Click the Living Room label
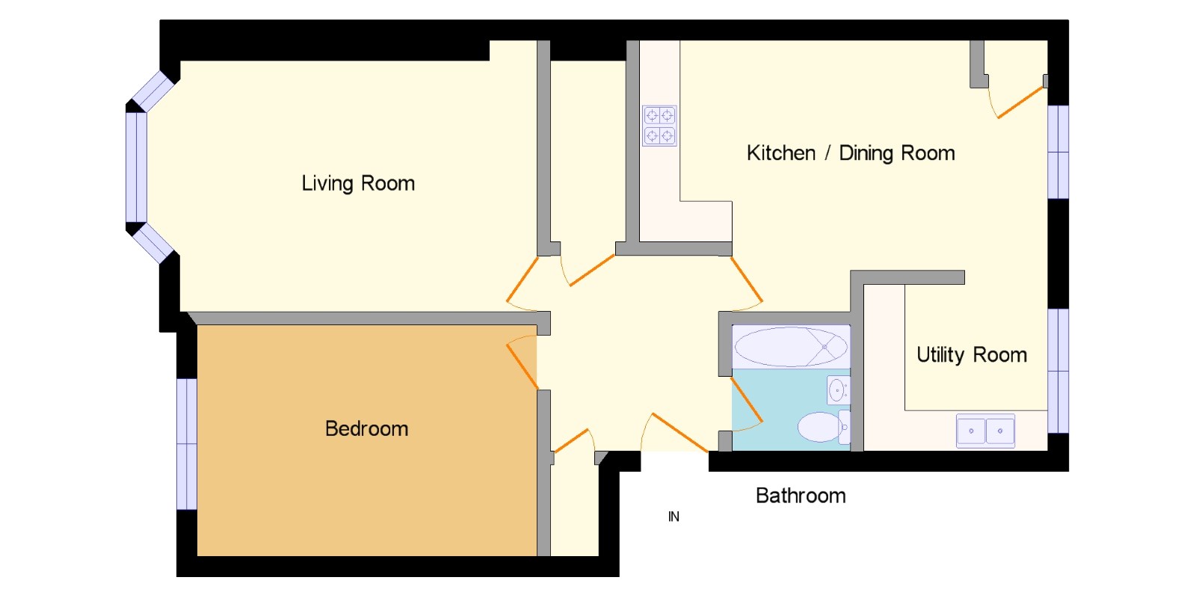(x=358, y=184)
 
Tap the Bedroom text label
(x=367, y=429)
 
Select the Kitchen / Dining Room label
(x=851, y=153)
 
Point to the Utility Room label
(x=972, y=355)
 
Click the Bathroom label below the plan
(x=801, y=496)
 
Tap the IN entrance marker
(x=673, y=517)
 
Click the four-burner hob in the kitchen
(x=659, y=126)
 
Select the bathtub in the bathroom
(x=791, y=347)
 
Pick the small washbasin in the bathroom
(x=838, y=390)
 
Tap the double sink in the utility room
(x=985, y=431)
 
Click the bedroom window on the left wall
(x=187, y=444)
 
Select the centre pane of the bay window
(x=136, y=167)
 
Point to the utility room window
(x=1058, y=371)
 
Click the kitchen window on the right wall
(x=1058, y=152)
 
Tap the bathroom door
(x=747, y=401)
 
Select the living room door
(x=522, y=283)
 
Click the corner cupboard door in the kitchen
(x=1020, y=102)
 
